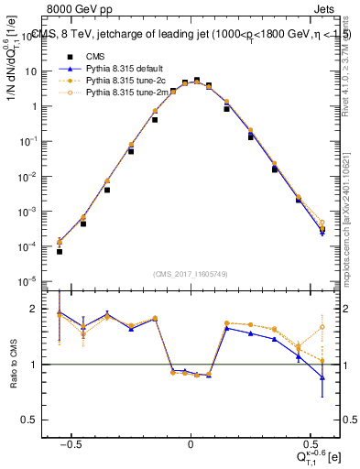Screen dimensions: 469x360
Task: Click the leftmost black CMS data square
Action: pos(60,251)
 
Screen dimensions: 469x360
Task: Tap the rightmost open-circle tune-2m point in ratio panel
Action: pos(322,327)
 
